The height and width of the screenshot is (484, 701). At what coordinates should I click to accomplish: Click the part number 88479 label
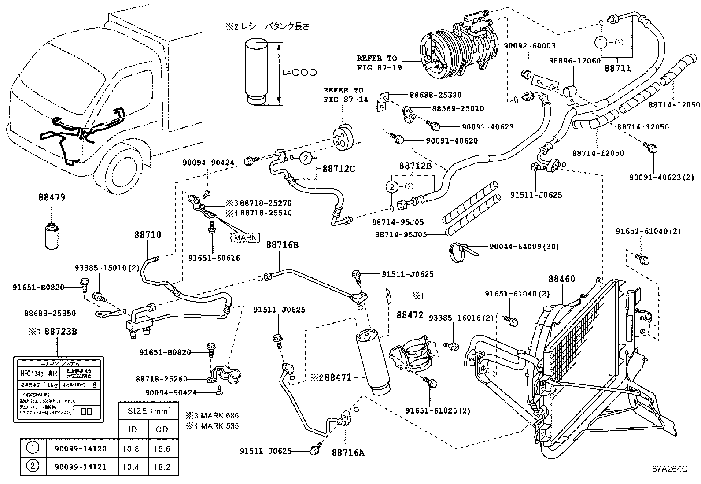point(52,197)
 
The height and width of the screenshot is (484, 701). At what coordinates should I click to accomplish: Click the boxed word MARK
point(245,237)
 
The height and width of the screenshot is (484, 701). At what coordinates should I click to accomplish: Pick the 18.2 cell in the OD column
point(162,467)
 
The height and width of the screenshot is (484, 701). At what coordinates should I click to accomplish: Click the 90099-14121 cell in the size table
point(80,467)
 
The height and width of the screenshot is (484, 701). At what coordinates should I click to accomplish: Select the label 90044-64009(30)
point(524,247)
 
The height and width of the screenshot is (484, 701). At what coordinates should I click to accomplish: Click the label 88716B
point(282,245)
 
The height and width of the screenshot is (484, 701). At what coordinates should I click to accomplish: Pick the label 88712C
point(339,168)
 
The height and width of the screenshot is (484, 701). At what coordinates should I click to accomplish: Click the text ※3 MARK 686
point(212,415)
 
